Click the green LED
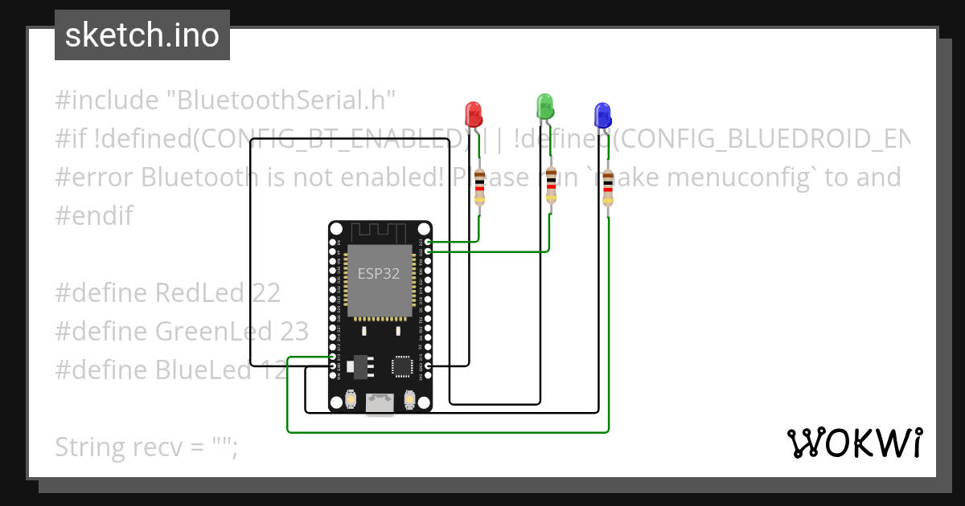point(544,104)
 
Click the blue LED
point(601,115)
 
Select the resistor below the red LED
point(480,187)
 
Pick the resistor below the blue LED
point(608,189)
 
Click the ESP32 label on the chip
point(379,273)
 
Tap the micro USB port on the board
point(379,404)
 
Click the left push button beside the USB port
point(350,398)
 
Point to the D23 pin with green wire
point(428,241)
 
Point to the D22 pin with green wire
point(428,251)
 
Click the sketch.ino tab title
point(142,35)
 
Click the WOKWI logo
point(854,443)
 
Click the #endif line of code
point(94,215)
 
